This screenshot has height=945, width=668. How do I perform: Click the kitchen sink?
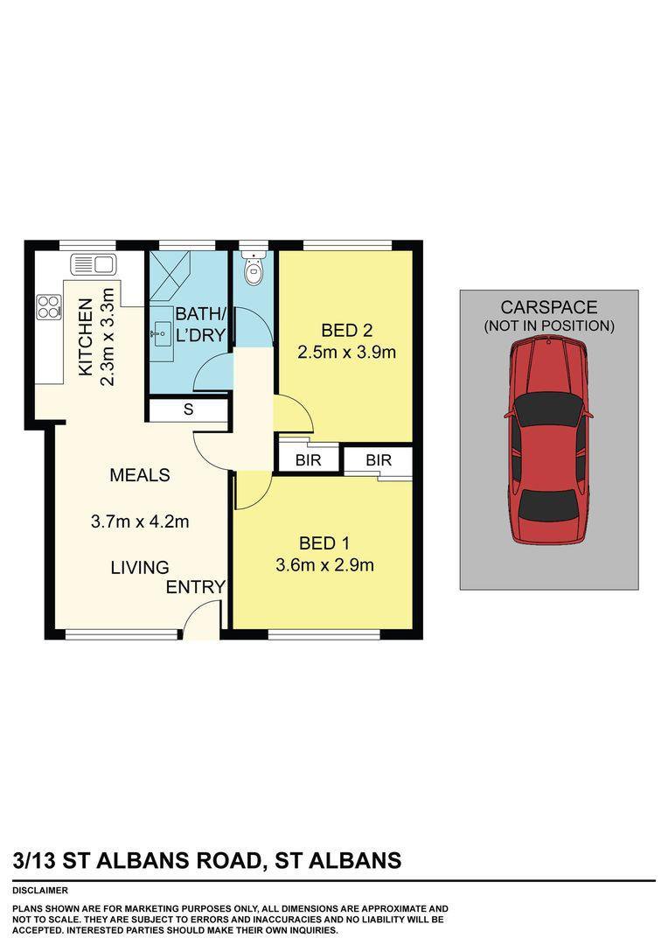coord(94,264)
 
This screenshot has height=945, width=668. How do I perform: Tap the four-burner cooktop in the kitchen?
coord(49,307)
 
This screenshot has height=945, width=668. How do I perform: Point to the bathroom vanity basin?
coord(161,334)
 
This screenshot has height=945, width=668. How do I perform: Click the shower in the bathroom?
coord(170,275)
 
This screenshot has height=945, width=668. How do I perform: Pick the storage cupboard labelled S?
coord(188,409)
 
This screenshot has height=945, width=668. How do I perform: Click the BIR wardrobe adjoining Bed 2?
coord(308,460)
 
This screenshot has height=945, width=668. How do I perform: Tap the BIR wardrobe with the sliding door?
coord(379,460)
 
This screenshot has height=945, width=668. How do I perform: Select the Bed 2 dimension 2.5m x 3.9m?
coord(346,352)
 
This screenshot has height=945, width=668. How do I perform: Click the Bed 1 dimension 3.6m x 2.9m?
coord(324,564)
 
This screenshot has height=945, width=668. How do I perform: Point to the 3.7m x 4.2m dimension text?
coord(140,521)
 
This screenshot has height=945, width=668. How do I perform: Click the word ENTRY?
coord(196,587)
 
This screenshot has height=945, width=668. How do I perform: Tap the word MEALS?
coord(140,475)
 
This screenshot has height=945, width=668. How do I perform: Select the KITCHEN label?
coord(87,337)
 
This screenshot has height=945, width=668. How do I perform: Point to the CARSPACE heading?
coord(549,307)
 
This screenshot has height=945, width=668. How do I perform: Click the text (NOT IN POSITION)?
coord(549,326)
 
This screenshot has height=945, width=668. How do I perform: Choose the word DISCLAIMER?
coord(40,890)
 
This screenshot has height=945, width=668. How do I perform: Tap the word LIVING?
coord(140,567)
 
